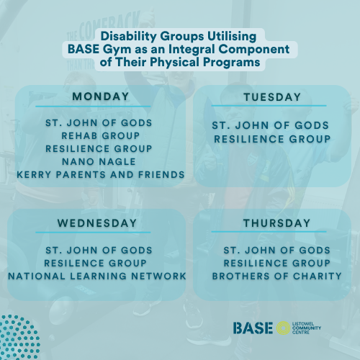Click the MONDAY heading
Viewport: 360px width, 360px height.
point(100,96)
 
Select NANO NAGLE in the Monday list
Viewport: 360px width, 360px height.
point(100,161)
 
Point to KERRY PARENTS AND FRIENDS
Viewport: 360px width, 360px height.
point(100,174)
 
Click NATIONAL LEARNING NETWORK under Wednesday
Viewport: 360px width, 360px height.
point(97,276)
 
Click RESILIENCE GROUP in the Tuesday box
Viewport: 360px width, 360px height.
point(271,138)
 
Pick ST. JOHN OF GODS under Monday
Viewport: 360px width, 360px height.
point(100,122)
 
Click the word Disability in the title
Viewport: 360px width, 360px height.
point(130,35)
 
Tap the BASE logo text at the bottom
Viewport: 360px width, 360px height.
point(253,328)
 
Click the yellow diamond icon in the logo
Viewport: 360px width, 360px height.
point(284,328)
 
